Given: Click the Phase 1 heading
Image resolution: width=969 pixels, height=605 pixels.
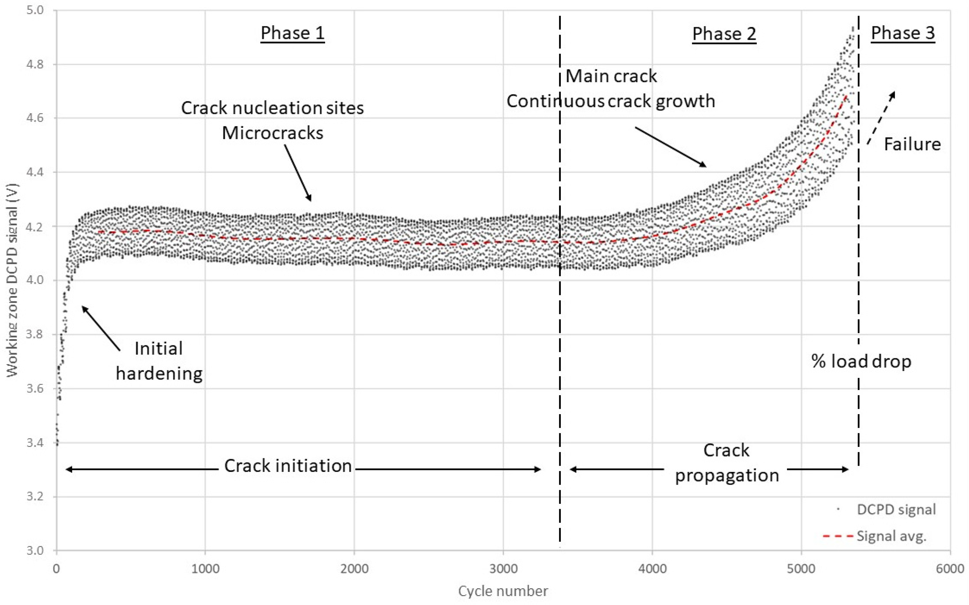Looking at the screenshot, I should tap(292, 33).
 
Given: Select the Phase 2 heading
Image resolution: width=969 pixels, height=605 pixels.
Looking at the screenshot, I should tap(724, 34).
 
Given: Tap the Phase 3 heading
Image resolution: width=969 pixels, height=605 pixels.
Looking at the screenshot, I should tap(903, 33).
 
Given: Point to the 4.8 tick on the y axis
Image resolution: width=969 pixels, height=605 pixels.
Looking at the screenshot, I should tap(35, 64).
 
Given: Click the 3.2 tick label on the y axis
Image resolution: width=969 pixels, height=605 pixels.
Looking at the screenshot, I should tap(35, 497).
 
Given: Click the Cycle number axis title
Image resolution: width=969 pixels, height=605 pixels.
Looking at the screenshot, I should tap(503, 591).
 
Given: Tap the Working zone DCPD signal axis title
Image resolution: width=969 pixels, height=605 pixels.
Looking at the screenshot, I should tap(13, 280).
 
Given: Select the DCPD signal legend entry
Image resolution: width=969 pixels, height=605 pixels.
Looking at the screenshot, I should tap(896, 509).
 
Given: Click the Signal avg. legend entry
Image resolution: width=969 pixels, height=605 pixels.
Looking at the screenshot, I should tap(891, 536).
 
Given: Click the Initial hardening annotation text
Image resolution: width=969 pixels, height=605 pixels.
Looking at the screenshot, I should tap(159, 361).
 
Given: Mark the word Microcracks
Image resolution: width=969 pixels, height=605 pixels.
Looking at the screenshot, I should tap(272, 133).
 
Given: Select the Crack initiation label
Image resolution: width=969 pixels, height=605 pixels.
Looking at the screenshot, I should tap(288, 466).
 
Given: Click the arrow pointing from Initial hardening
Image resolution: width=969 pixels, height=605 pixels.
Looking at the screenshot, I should tap(101, 328).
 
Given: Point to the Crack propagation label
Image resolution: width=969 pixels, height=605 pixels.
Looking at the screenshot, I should tap(727, 463).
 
